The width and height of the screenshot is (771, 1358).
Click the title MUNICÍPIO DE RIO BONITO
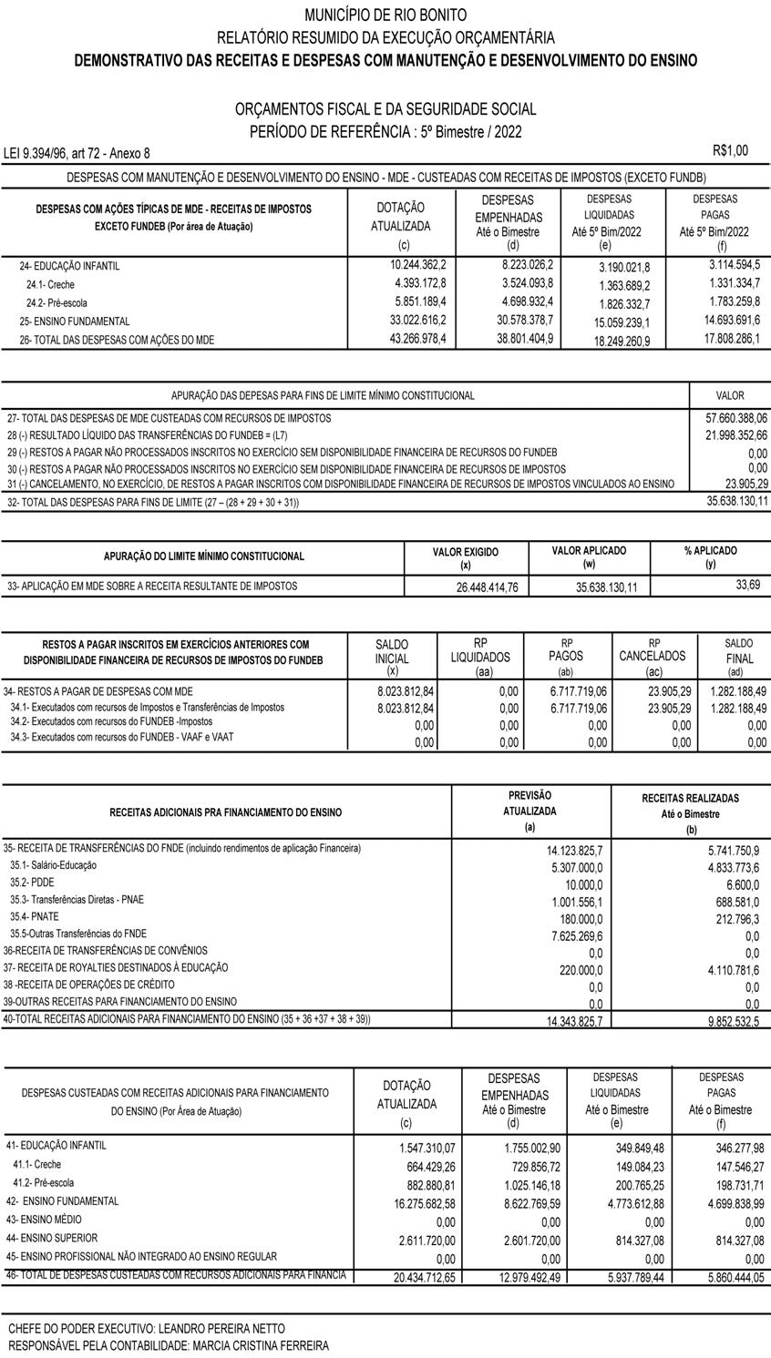tap(385, 15)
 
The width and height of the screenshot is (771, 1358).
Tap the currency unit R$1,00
tap(730, 150)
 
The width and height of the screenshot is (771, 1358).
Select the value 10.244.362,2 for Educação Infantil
tap(415, 265)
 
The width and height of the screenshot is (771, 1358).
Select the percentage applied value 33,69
tap(747, 585)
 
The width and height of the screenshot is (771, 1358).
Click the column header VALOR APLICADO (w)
tap(589, 557)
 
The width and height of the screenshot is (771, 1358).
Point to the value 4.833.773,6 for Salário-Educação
tap(725, 867)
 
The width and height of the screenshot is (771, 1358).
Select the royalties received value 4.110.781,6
tap(725, 970)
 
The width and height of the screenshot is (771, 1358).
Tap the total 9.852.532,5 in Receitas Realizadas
tap(725, 1022)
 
